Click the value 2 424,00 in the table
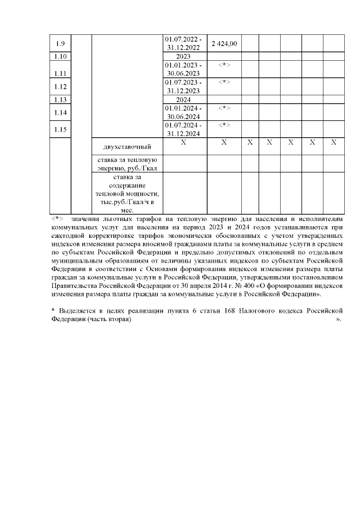click(224, 44)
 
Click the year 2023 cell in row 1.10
click(184, 57)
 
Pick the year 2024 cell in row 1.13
click(184, 100)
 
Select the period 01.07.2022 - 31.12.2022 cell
click(184, 44)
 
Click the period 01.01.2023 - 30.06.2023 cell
click(184, 70)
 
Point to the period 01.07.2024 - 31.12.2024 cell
click(184, 129)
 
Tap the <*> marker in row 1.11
click(224, 66)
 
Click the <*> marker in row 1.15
click(224, 125)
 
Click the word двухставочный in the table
click(127, 147)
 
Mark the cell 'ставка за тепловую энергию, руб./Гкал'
click(127, 164)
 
